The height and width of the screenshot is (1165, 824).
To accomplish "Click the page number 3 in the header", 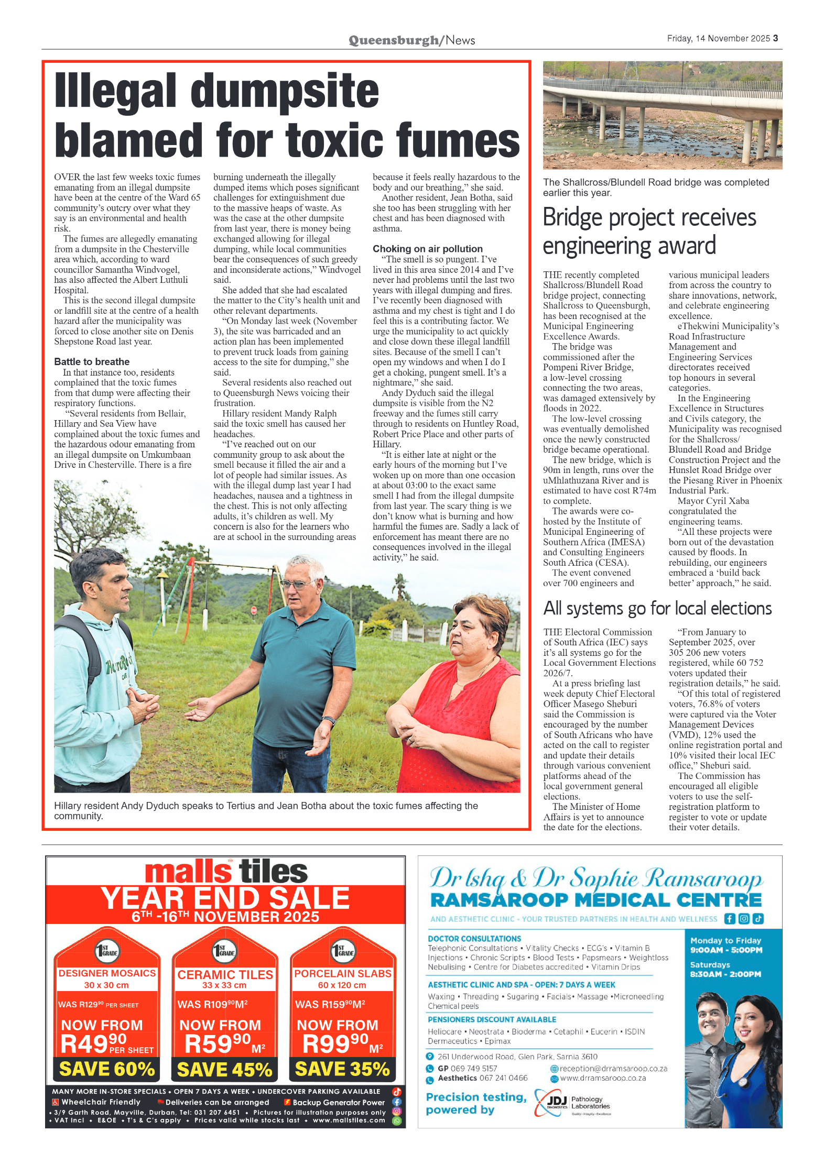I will pyautogui.click(x=775, y=38).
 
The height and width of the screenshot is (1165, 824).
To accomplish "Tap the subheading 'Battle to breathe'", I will pyautogui.click(x=92, y=361).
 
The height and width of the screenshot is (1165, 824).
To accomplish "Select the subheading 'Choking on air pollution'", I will pyautogui.click(x=427, y=249).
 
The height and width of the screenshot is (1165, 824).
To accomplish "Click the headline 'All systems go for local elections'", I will pyautogui.click(x=657, y=608).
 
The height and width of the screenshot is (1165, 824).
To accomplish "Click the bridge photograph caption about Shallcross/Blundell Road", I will pyautogui.click(x=655, y=187).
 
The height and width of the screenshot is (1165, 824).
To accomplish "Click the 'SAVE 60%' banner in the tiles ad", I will pyautogui.click(x=107, y=1069).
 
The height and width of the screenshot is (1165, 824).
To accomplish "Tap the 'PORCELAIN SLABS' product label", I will pyautogui.click(x=342, y=973).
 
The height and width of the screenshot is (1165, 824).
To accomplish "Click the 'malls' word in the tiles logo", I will pyautogui.click(x=188, y=872).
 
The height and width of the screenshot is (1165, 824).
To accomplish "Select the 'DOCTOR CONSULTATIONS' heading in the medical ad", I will pyautogui.click(x=474, y=938).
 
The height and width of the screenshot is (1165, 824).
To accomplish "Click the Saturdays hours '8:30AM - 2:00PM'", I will pyautogui.click(x=725, y=974).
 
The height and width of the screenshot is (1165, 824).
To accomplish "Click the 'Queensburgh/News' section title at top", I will pyautogui.click(x=411, y=40).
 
